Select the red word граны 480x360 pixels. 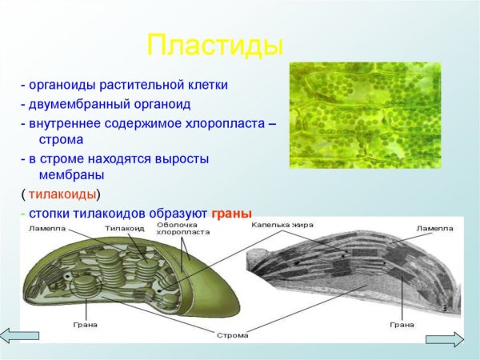231,214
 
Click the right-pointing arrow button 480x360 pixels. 445,339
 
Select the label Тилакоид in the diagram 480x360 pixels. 124,229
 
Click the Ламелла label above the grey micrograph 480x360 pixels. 433,229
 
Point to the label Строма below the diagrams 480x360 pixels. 232,335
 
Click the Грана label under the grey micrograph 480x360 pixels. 402,325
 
